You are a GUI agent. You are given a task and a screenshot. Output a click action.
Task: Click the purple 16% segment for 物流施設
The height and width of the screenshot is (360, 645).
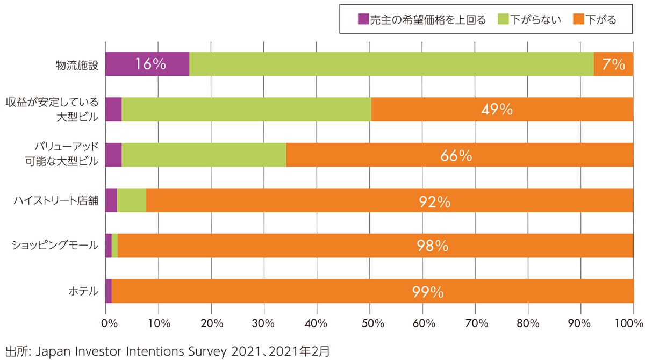point(147,64)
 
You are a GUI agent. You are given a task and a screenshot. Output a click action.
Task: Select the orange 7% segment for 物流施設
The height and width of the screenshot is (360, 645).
point(613,64)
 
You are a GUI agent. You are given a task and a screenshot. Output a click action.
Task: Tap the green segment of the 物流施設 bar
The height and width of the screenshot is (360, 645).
point(391,64)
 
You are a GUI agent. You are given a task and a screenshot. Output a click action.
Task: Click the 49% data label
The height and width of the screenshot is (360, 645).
point(497,110)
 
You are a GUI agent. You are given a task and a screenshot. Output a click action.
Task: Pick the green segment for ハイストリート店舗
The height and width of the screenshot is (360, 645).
point(131,200)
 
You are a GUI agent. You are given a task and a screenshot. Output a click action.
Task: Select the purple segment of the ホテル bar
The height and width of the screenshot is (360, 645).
point(108,291)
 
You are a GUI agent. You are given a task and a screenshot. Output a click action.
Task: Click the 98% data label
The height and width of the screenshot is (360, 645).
point(433,246)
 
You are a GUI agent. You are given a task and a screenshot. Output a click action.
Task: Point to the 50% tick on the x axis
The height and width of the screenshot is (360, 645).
point(370,323)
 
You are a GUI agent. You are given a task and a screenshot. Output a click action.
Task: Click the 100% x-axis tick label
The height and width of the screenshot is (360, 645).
point(631,323)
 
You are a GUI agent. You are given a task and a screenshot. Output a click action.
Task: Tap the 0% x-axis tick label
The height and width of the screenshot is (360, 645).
point(109,323)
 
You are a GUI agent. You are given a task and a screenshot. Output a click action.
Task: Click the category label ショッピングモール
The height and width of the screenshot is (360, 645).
point(55,246)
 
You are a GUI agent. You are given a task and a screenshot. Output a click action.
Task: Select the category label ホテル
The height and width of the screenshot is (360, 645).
point(84,291)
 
